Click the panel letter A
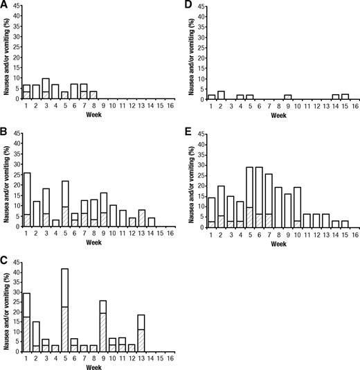tap(4, 5)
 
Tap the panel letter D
tap(189, 5)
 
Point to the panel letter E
tap(189, 130)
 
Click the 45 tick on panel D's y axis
tap(202, 7)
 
